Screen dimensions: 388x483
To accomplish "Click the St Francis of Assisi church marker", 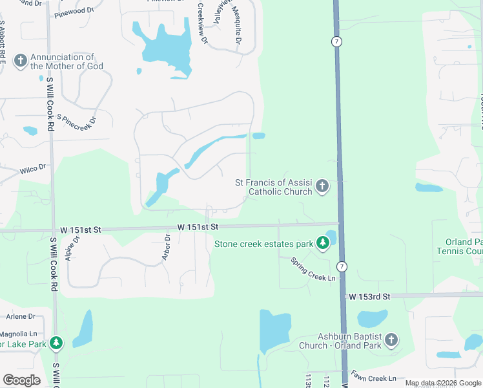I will point(322,188).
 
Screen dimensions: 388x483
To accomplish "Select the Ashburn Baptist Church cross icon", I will point(390,340).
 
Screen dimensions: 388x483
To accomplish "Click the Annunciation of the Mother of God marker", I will point(20,61).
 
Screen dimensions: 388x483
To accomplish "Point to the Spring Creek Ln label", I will point(314,270).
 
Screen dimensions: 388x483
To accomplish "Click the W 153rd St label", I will point(370,296).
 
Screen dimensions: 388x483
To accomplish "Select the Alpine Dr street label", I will point(72,248).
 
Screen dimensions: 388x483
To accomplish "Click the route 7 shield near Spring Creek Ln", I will point(342,266).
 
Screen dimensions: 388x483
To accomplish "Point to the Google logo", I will point(22,380).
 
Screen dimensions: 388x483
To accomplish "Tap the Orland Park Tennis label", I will point(460,247).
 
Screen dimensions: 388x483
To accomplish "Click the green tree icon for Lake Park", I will point(57,343).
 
